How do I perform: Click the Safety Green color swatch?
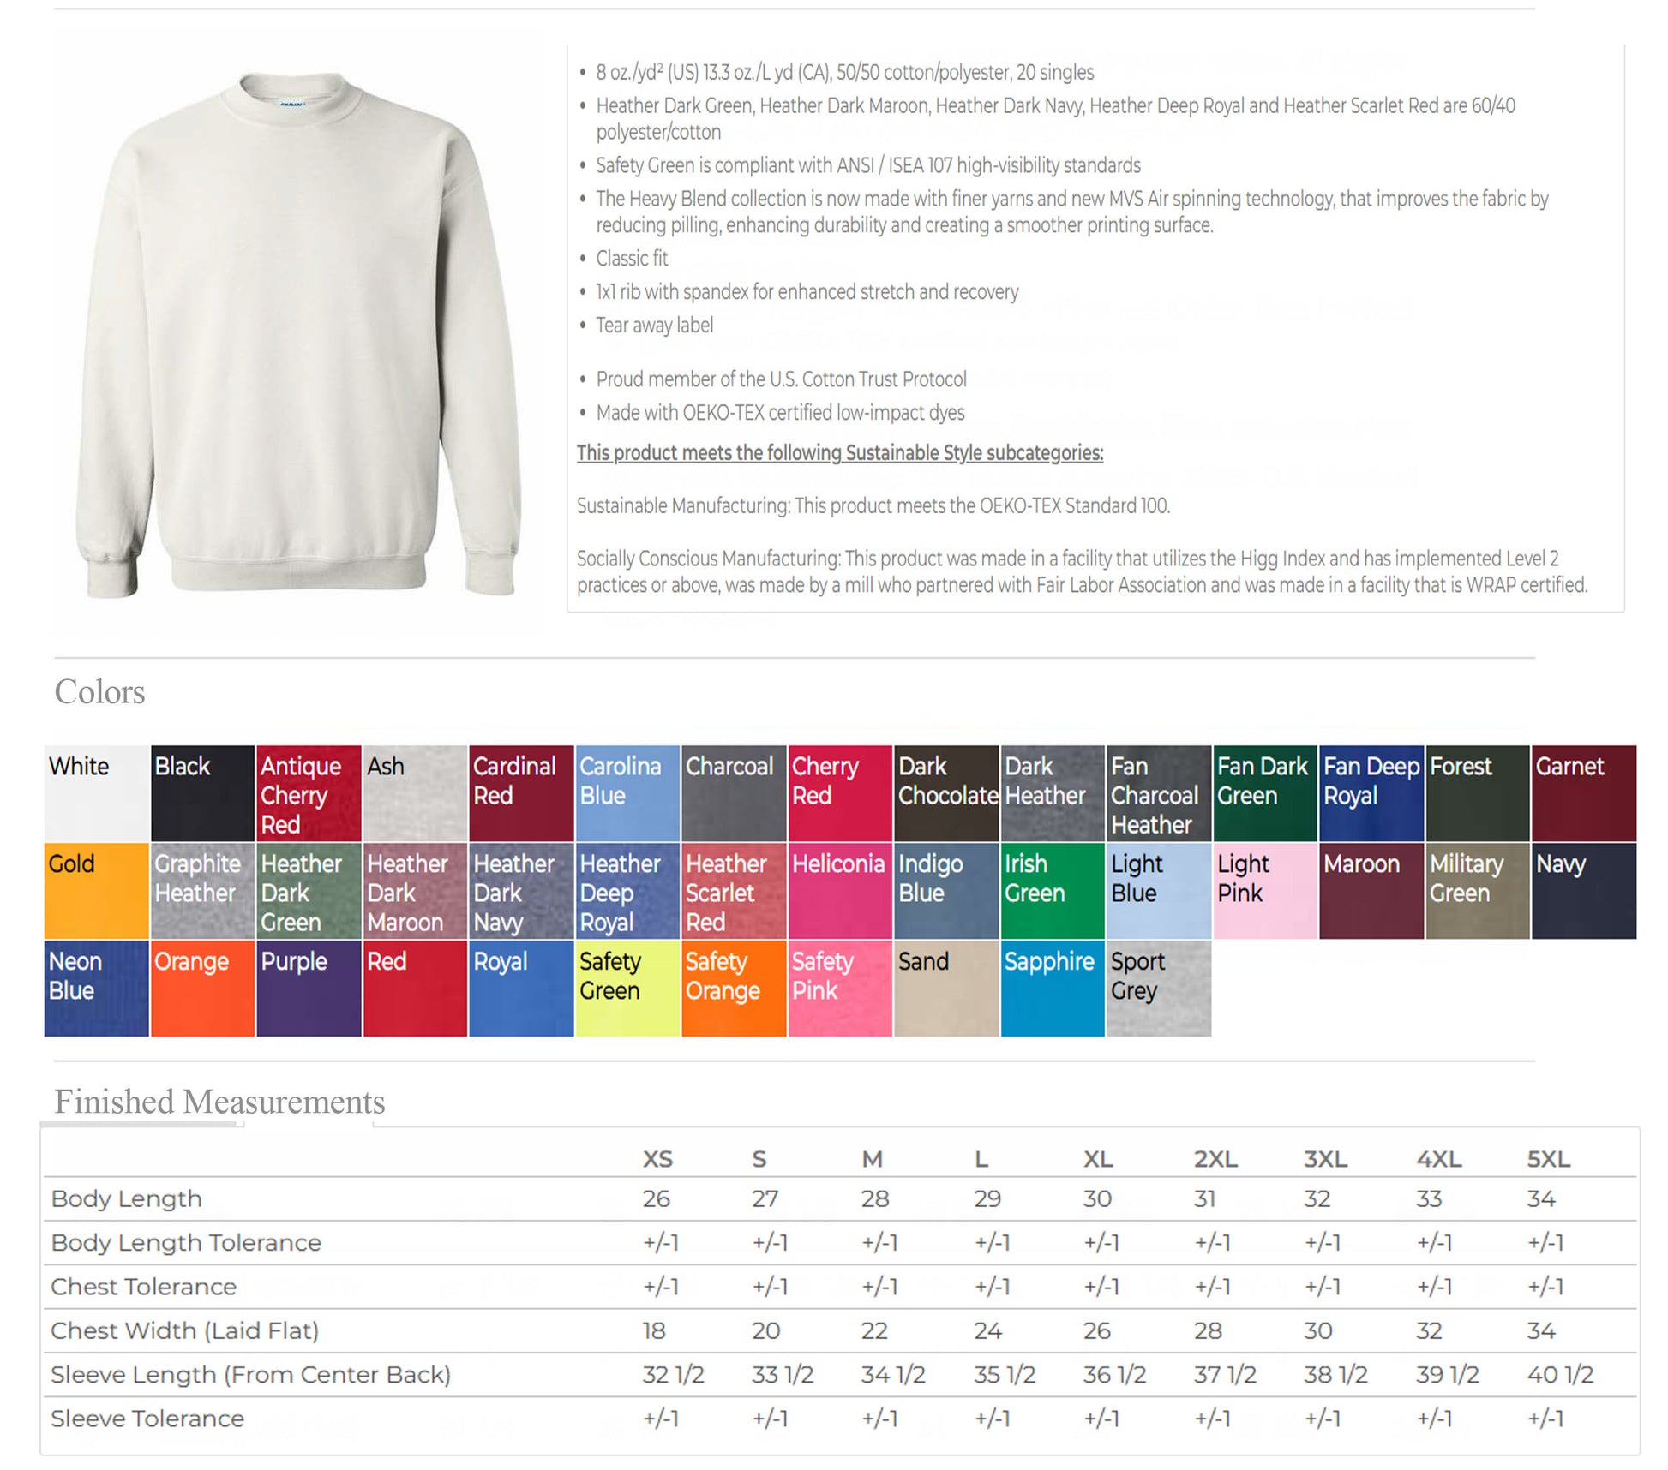click(x=627, y=989)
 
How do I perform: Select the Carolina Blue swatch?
click(x=627, y=793)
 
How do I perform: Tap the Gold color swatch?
click(x=96, y=891)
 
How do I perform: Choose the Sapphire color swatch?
click(x=1052, y=989)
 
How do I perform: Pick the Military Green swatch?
click(x=1477, y=891)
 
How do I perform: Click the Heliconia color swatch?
click(x=839, y=891)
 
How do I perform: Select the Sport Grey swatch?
click(x=1158, y=989)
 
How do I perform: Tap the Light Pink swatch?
click(x=1264, y=891)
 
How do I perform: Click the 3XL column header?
click(x=1325, y=1159)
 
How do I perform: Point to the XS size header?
click(x=657, y=1159)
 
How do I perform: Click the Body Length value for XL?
click(x=1097, y=1198)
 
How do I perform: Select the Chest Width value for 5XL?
click(x=1540, y=1330)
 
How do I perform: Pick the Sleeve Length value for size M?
click(x=892, y=1375)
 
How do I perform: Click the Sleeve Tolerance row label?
click(x=147, y=1419)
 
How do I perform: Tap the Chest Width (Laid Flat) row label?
click(x=184, y=1330)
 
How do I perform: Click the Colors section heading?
click(x=99, y=692)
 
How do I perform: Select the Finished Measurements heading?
click(x=219, y=1102)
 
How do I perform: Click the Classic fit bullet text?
click(x=632, y=259)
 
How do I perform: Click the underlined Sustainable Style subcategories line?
click(x=839, y=453)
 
